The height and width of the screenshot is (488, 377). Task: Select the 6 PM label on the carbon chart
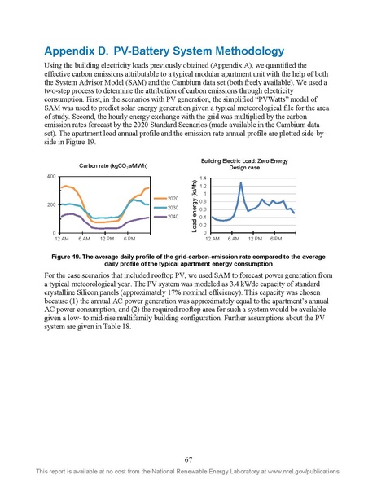tap(129, 240)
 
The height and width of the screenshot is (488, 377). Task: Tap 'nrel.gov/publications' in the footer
tap(320, 472)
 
